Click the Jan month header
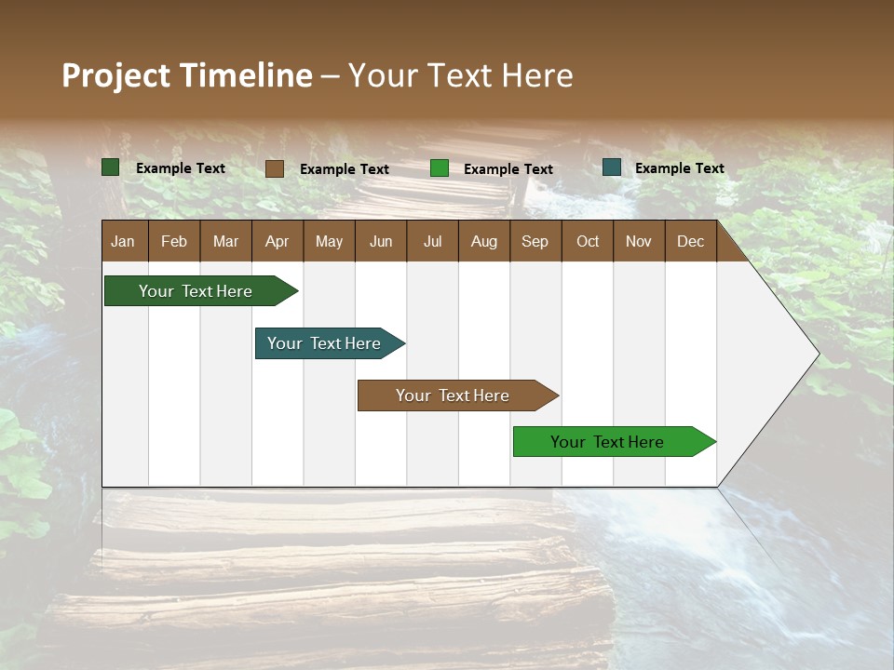click(123, 241)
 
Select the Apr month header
click(277, 241)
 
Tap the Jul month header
click(432, 241)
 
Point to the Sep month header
click(535, 241)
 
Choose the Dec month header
click(690, 241)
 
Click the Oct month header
click(588, 241)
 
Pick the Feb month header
click(174, 241)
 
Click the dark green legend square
click(111, 167)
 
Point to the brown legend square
click(275, 168)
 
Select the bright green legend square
click(440, 168)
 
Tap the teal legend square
click(612, 167)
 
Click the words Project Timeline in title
click(186, 75)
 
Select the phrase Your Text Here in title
click(461, 75)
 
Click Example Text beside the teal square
click(679, 168)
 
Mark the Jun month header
click(381, 241)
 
